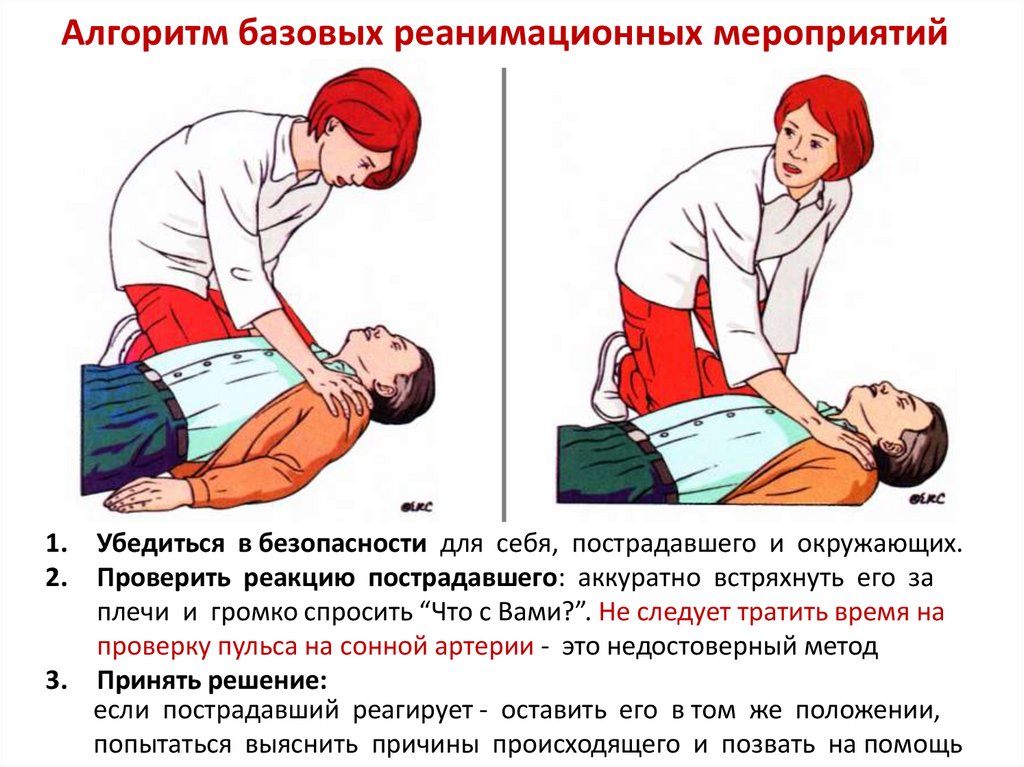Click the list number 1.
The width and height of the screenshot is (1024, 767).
click(x=57, y=544)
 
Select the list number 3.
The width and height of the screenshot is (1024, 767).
click(x=57, y=681)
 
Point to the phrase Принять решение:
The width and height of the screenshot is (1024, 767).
click(x=212, y=681)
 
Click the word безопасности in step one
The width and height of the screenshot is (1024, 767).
click(x=342, y=544)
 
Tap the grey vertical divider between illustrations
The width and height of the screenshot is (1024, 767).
click(x=504, y=294)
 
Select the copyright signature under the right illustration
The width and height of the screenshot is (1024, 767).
click(x=926, y=500)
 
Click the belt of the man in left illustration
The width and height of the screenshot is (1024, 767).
click(x=167, y=399)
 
